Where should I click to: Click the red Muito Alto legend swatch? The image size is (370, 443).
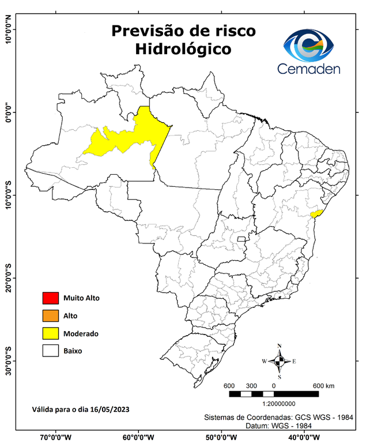[x=51, y=298]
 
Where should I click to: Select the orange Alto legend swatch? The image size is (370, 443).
[x=51, y=316]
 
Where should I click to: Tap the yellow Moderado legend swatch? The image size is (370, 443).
[x=51, y=333]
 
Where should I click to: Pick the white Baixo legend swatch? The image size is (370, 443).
[x=51, y=350]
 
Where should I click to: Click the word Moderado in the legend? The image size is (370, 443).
[x=81, y=333]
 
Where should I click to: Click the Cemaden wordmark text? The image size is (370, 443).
[x=309, y=69]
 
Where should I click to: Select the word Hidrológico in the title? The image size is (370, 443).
[x=183, y=50]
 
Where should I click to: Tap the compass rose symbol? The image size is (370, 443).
[x=279, y=362]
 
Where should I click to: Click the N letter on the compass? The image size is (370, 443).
[x=280, y=347]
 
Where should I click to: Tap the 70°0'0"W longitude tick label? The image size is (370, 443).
[x=56, y=437]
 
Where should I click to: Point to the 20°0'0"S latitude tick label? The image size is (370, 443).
[x=8, y=277]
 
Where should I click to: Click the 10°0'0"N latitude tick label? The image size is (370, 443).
[x=8, y=29]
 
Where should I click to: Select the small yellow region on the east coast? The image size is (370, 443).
[x=315, y=213]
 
